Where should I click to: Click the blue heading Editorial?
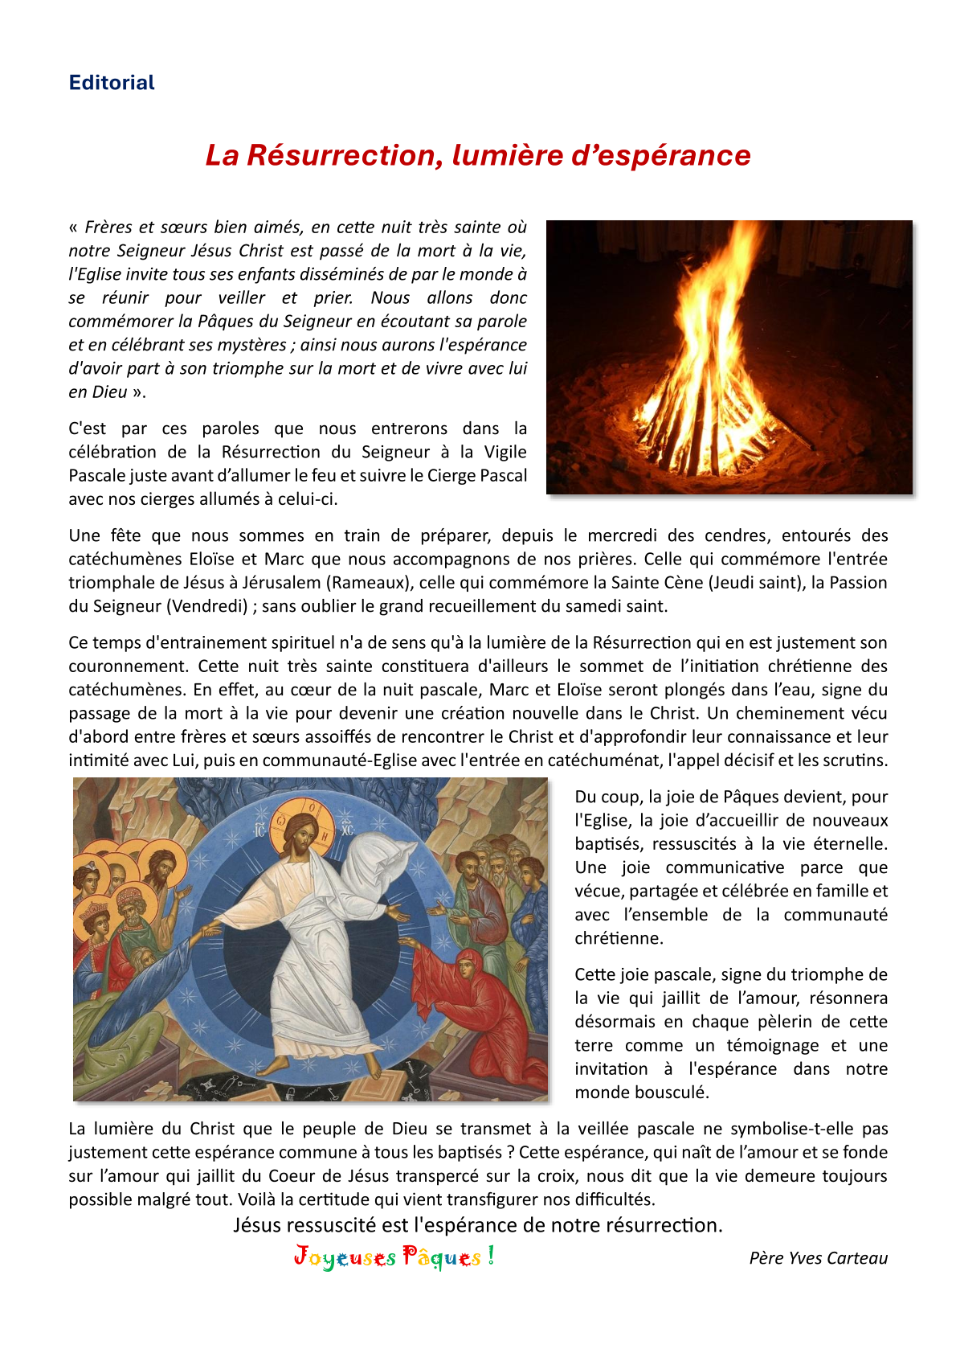pos(112,83)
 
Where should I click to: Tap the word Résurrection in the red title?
pos(345,155)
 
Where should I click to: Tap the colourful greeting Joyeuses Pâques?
pos(394,1257)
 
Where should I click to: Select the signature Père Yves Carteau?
pos(818,1258)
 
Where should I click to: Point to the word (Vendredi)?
pos(208,606)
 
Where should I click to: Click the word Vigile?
pos(505,452)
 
